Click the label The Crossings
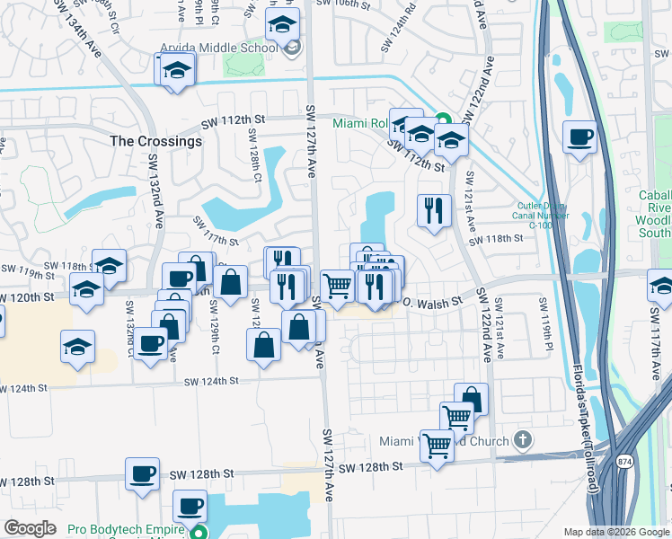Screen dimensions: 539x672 pos(156,141)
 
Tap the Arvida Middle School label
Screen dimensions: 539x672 pos(218,48)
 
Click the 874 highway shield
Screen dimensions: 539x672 pos(623,461)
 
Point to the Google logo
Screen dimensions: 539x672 pos(31,528)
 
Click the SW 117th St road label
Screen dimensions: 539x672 pos(216,231)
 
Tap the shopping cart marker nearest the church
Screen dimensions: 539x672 pos(437,444)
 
